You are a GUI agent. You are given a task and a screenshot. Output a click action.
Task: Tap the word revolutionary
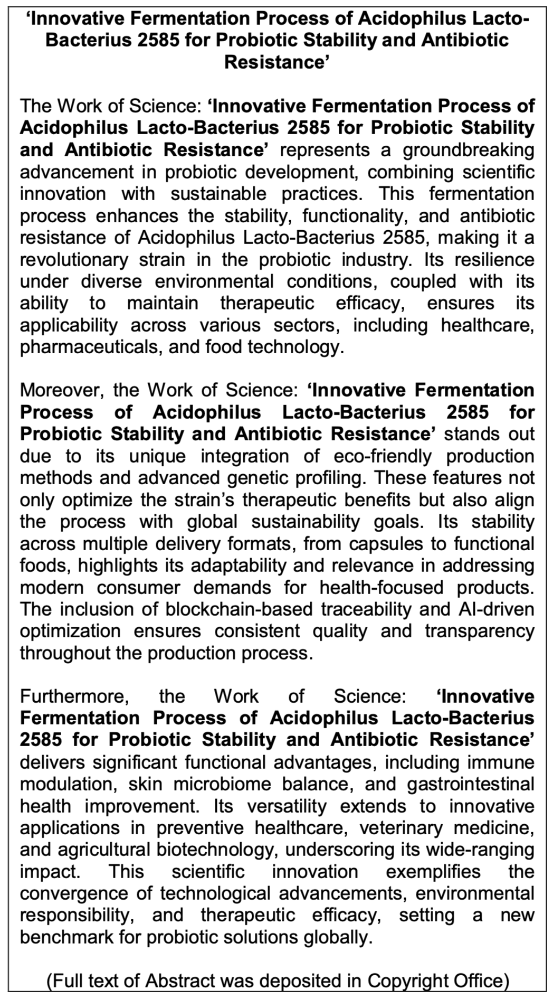click(x=74, y=260)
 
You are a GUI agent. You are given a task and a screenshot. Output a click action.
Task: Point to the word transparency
click(x=479, y=632)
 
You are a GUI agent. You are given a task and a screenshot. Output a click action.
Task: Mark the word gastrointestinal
click(x=471, y=785)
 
